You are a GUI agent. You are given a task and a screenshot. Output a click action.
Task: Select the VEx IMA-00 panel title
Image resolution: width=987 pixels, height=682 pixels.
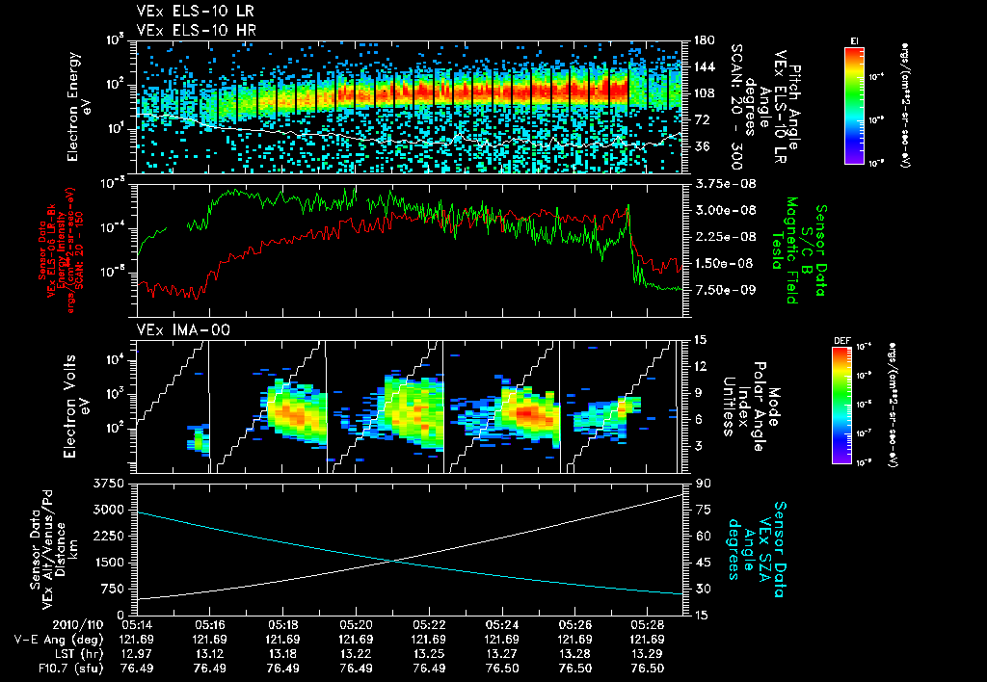[174, 329]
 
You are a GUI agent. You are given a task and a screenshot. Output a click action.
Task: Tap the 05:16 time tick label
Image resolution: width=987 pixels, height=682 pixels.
[210, 624]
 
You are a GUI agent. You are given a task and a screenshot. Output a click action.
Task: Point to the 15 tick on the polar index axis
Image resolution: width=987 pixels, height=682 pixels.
[699, 340]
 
